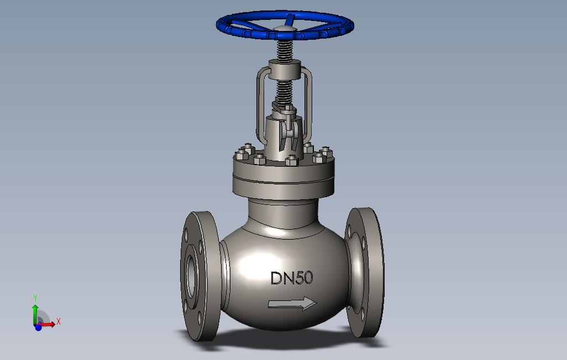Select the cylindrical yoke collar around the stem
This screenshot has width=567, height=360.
284,71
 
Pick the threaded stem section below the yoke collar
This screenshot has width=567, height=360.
285,91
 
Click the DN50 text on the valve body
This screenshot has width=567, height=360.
291,278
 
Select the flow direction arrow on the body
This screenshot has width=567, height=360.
292,303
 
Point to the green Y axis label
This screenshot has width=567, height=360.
35,298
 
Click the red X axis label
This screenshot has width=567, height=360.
58,321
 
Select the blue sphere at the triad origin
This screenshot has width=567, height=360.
38,327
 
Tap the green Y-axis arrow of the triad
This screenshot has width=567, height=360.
36,311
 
